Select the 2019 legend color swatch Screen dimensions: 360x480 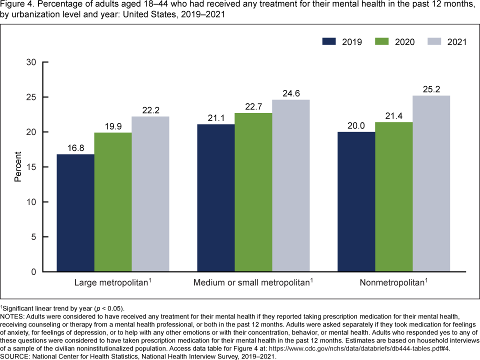pos(330,41)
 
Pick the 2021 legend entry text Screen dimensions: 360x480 pos(456,42)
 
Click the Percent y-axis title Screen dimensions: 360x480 pos(18,167)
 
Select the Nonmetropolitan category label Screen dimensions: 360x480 pos(393,283)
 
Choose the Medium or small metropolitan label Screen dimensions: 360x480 pos(252,283)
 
